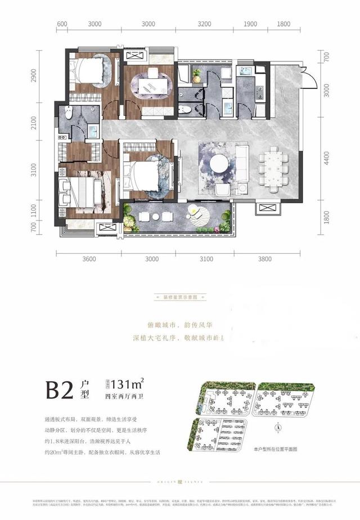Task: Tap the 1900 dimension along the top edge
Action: pyautogui.click(x=250, y=24)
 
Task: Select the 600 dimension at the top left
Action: pyautogui.click(x=62, y=24)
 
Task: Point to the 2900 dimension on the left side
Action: pyautogui.click(x=33, y=75)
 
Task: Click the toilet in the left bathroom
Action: pyautogui.click(x=69, y=113)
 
